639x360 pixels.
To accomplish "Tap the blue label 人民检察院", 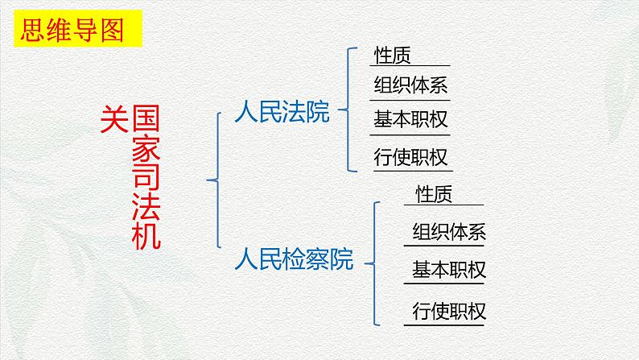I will click(x=294, y=259).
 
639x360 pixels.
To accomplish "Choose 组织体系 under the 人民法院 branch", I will click(x=410, y=85).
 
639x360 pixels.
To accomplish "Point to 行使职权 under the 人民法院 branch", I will click(x=410, y=157).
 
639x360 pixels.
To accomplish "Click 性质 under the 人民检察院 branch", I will click(x=435, y=193).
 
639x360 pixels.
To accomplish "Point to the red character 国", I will click(x=146, y=121).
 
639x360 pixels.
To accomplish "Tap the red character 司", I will click(x=146, y=178).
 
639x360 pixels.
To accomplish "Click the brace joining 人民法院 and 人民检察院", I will click(x=215, y=180).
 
